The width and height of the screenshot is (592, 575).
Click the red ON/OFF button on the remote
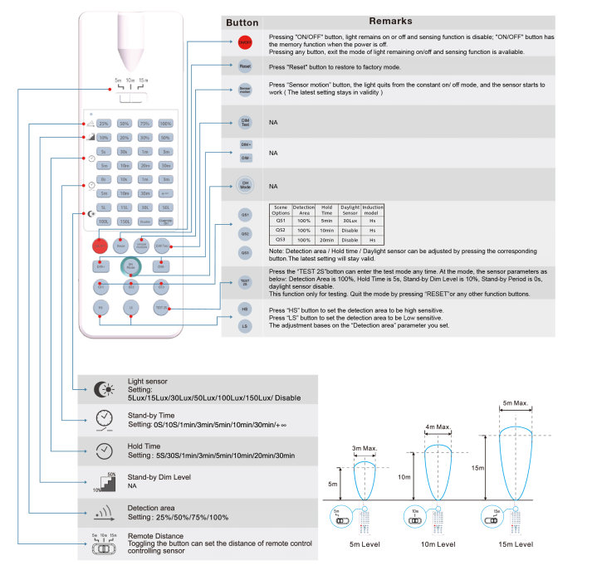(100, 246)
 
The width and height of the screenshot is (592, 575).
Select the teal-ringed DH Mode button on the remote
(131, 266)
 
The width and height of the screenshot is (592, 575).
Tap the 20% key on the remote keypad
(124, 138)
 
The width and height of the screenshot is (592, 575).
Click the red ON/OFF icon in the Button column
(245, 41)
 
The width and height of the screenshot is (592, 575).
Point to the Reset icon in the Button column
(245, 65)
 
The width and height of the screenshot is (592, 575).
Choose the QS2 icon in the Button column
(245, 233)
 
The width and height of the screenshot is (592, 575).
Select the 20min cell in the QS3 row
(326, 239)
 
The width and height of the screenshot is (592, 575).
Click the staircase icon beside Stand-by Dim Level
(103, 480)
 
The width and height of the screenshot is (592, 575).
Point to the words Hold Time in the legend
(143, 446)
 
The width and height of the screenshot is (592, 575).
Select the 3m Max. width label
(365, 450)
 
